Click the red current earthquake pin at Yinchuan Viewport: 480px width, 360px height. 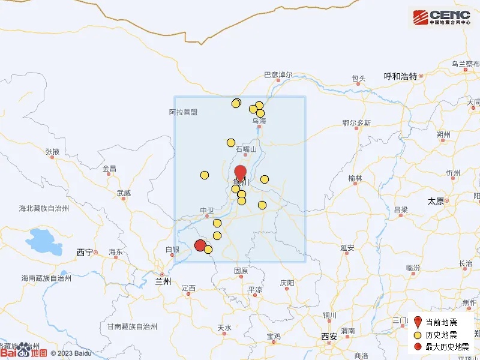[x=240, y=172]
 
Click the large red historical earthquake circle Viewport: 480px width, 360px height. [x=200, y=245]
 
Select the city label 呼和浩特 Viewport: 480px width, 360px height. [x=400, y=76]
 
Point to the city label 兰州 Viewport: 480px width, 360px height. [x=163, y=281]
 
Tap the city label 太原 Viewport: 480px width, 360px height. [x=436, y=202]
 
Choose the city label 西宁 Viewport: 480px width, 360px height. [x=85, y=253]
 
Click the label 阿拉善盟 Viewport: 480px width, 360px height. [x=183, y=112]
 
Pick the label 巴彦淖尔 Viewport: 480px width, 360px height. [x=278, y=75]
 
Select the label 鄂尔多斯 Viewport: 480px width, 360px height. [x=356, y=123]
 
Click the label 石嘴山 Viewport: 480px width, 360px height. [x=246, y=149]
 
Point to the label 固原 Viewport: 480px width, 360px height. [x=241, y=271]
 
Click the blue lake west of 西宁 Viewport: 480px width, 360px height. [x=44, y=242]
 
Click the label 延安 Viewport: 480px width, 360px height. [x=347, y=248]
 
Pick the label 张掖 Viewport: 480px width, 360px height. [x=52, y=152]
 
